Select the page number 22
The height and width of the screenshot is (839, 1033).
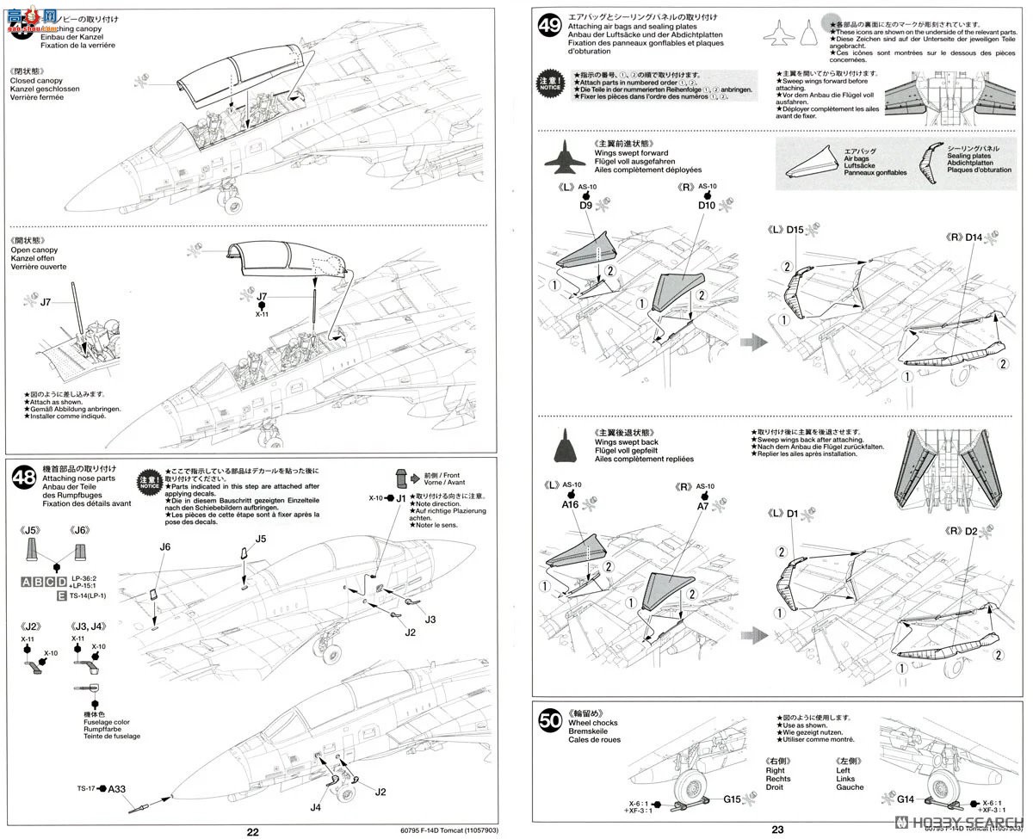(252, 831)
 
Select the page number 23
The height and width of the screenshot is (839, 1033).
(777, 830)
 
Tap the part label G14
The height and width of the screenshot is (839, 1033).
(905, 799)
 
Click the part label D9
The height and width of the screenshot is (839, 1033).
(585, 207)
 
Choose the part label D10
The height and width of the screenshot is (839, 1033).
(707, 207)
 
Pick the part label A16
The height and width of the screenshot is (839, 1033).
(571, 506)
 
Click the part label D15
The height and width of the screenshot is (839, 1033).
(795, 230)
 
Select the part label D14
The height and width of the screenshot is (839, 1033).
(974, 237)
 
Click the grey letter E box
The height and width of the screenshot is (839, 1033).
(61, 595)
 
